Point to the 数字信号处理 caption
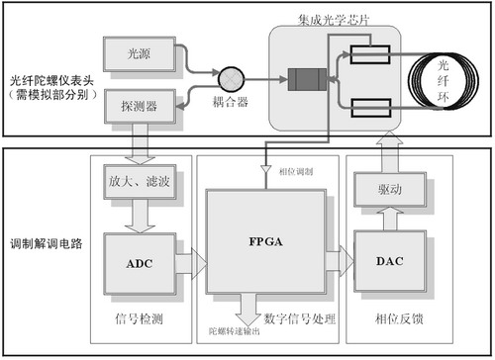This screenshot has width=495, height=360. coord(297,317)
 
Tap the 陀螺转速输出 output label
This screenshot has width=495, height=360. coord(234,330)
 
